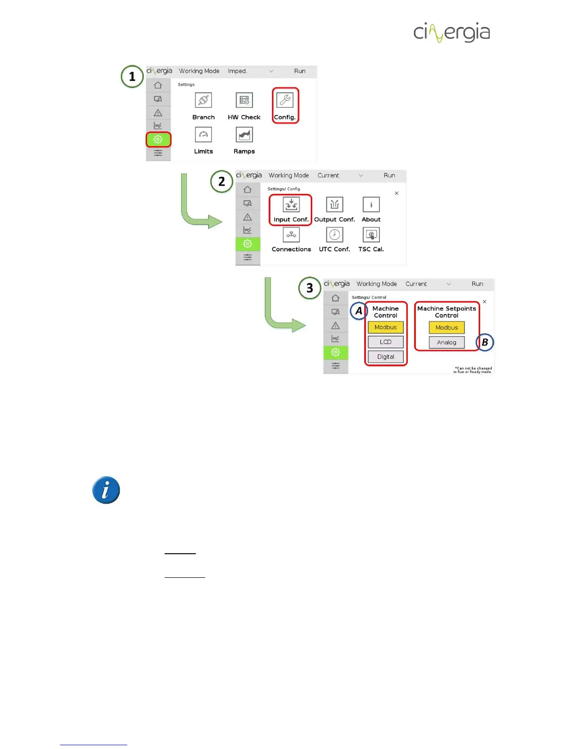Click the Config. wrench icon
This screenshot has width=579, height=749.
click(x=285, y=100)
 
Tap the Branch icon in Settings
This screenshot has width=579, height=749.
click(x=203, y=100)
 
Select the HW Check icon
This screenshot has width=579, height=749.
click(x=244, y=100)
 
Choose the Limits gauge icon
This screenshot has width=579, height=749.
click(x=203, y=135)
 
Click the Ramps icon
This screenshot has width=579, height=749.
click(x=244, y=135)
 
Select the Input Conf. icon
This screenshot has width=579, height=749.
click(x=291, y=204)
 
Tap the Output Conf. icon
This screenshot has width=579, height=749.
click(x=334, y=204)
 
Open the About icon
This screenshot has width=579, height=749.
click(x=371, y=204)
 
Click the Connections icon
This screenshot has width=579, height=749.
click(x=291, y=235)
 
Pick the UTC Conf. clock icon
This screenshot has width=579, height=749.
click(x=334, y=235)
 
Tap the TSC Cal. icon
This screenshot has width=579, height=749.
click(x=371, y=235)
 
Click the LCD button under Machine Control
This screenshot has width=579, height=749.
click(x=386, y=342)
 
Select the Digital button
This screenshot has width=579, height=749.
click(x=386, y=357)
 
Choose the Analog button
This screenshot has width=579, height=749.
click(x=447, y=342)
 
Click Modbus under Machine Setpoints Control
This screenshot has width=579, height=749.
click(x=447, y=327)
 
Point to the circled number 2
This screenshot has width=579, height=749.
click(x=221, y=182)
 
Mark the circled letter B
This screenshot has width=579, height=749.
click(x=485, y=342)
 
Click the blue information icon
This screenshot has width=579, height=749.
click(x=106, y=490)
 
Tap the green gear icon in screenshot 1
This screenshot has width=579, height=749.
click(x=158, y=139)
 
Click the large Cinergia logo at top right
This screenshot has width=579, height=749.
click(x=452, y=32)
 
